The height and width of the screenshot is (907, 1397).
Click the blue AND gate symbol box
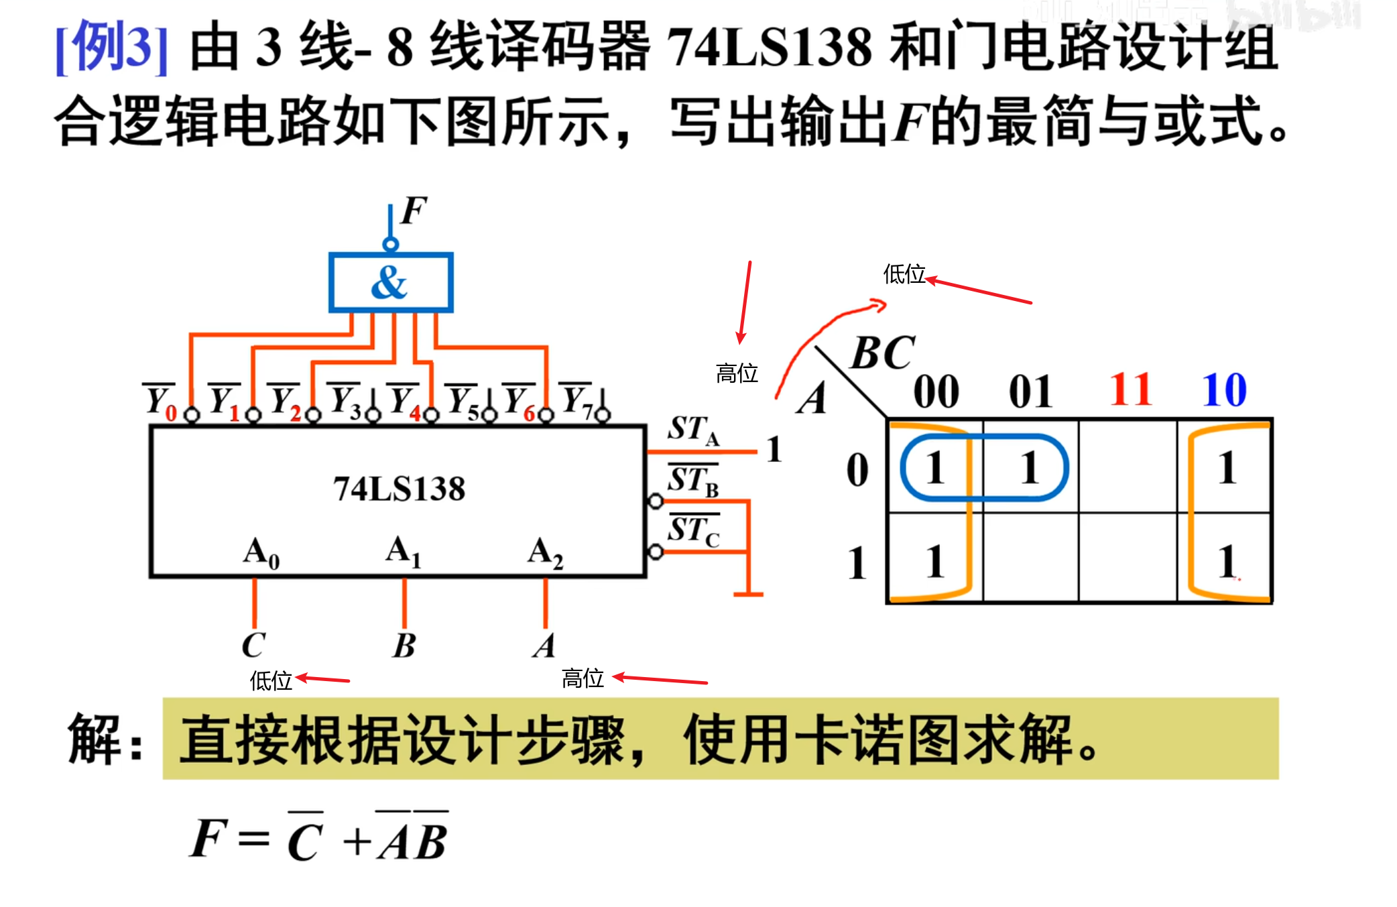tap(390, 282)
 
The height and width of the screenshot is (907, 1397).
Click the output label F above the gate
tap(414, 210)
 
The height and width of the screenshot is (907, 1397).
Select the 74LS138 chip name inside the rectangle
tap(399, 489)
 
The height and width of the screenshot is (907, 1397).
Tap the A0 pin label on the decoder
tap(261, 552)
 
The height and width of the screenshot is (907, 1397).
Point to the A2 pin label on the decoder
tap(545, 552)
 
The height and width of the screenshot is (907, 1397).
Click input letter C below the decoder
tap(253, 646)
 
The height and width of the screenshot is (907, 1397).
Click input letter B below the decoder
tap(404, 646)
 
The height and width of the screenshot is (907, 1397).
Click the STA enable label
tap(693, 430)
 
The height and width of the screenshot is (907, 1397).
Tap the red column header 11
tap(1131, 389)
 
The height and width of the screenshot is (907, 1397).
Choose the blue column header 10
tap(1224, 389)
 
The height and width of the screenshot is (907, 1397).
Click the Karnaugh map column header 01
tap(1030, 391)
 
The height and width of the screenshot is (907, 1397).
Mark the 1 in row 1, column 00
tap(935, 562)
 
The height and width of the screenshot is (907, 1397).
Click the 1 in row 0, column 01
tap(1030, 467)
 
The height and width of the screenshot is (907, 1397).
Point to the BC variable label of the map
tap(882, 353)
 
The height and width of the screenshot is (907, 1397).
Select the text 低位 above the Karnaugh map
tap(904, 274)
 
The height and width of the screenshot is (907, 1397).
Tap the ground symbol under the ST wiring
tap(748, 593)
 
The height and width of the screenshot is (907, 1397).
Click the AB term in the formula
tap(413, 841)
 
